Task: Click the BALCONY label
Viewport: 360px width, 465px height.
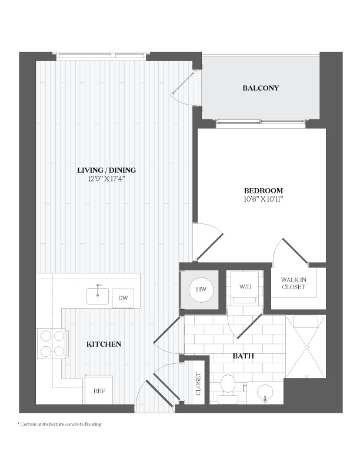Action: click(x=261, y=88)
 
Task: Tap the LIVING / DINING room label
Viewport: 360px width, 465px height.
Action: click(x=106, y=170)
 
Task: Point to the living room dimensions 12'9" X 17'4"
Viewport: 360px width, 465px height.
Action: click(x=107, y=179)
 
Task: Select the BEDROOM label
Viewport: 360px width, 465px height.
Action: click(x=264, y=190)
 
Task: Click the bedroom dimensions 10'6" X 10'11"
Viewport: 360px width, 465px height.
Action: click(x=264, y=199)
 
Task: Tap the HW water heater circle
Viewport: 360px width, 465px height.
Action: click(x=201, y=289)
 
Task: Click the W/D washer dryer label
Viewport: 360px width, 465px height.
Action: click(x=245, y=287)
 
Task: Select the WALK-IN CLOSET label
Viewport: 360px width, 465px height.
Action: click(x=294, y=283)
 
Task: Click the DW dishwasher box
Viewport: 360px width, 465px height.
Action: click(x=123, y=297)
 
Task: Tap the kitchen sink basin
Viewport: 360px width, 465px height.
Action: click(x=98, y=296)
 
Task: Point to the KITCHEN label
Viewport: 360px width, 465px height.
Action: click(x=104, y=344)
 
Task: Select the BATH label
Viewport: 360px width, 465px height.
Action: click(x=244, y=356)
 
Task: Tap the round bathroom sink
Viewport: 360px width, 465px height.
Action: click(x=265, y=393)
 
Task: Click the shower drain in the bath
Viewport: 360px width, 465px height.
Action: click(x=306, y=347)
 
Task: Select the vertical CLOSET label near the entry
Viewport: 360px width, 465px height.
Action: click(x=198, y=384)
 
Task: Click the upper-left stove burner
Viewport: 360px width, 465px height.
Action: click(x=46, y=336)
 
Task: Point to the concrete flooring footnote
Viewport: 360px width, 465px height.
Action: click(x=59, y=424)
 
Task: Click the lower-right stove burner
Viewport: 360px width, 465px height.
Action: click(x=59, y=352)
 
